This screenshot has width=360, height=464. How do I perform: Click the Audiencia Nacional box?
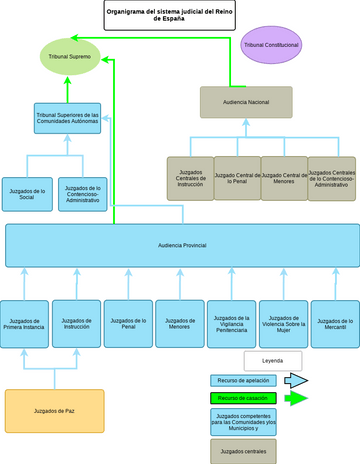(246, 102)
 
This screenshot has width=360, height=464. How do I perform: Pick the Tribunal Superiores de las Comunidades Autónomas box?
(67, 119)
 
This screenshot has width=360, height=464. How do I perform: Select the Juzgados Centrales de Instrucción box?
(190, 178)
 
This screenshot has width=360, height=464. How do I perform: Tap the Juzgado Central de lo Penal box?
(237, 178)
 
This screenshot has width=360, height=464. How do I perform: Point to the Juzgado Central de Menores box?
(284, 178)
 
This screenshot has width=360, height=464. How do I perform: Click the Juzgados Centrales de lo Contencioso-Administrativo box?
(331, 178)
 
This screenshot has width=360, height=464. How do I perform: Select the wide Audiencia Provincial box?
(182, 245)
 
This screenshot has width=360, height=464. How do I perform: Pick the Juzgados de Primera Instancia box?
(25, 324)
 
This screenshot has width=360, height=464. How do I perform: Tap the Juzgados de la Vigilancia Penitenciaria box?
(231, 324)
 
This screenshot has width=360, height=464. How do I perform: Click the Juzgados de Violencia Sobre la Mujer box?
(283, 324)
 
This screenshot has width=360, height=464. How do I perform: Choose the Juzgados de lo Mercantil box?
(335, 324)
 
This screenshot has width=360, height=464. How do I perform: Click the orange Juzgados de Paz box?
(54, 411)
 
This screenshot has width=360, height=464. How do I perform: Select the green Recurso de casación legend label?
(243, 398)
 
